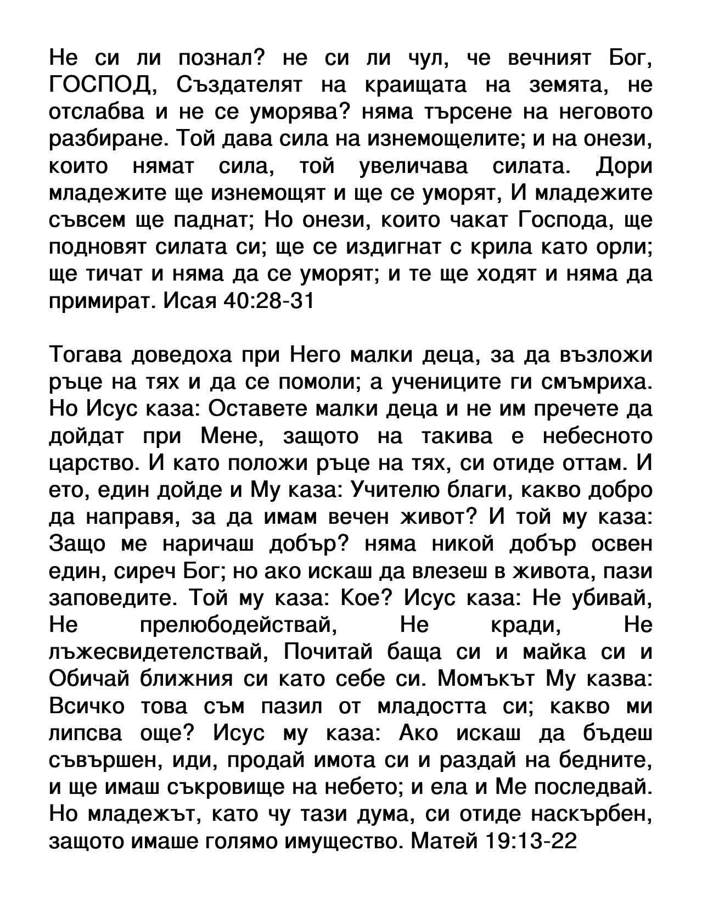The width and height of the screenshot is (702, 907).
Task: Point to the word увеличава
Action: pos(413,166)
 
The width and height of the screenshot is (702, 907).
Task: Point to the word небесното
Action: pos(597,436)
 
